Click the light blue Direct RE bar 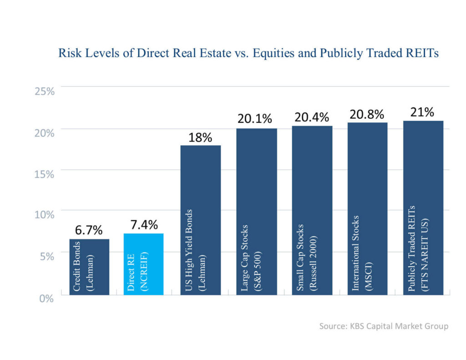143,264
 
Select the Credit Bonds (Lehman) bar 89,267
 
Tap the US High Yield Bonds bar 201,220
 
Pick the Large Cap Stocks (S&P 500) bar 256,212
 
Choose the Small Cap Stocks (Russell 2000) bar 312,210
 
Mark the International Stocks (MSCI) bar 367,208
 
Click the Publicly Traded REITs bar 423,208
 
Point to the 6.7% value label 89,230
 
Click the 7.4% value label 143,224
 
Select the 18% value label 200,137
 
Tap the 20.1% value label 255,119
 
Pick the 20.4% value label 311,117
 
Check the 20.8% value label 367,114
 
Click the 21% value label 422,112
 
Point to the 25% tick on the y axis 45,91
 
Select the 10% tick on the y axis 45,214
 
